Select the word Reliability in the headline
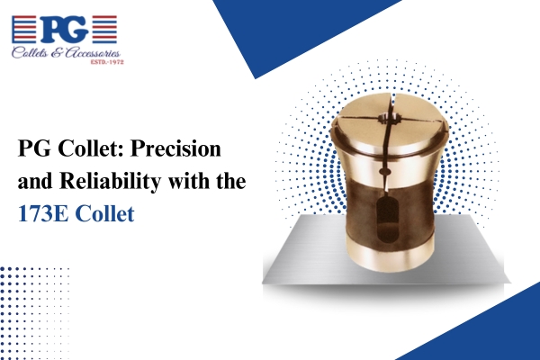coord(110,182)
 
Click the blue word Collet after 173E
coord(104,214)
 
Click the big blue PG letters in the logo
coord(64,30)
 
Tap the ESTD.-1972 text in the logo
coord(107,62)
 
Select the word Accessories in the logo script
coord(93,53)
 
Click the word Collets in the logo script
coord(30,53)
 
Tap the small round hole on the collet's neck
coord(383,171)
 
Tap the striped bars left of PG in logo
coord(23,30)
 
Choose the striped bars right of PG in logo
coord(104,30)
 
